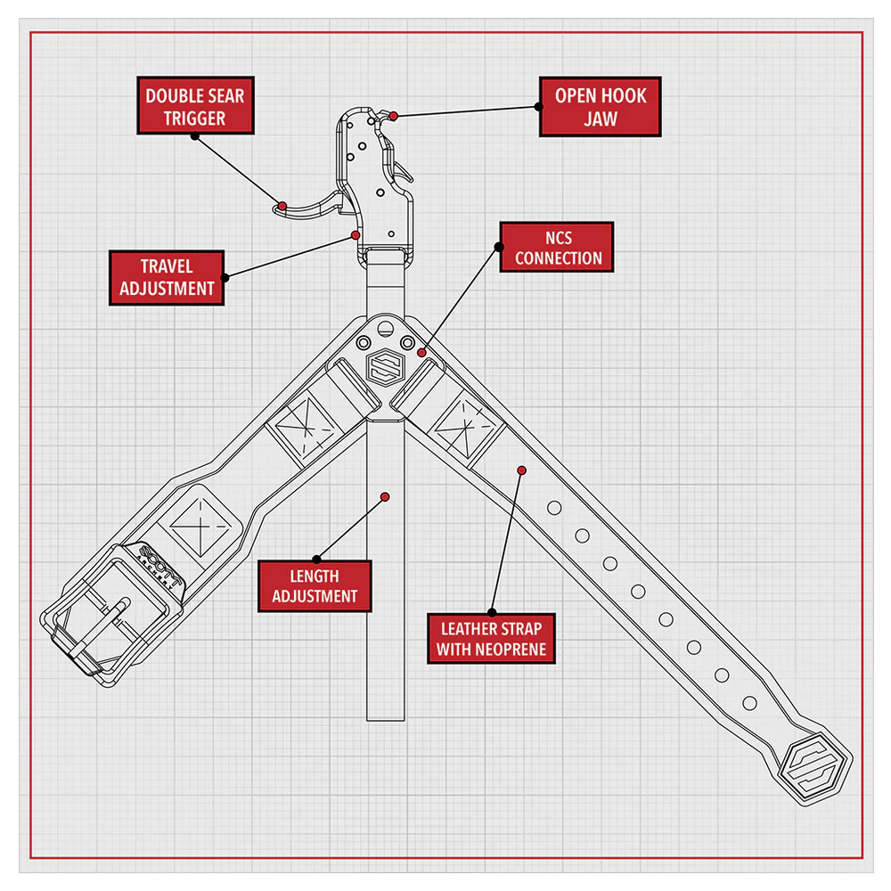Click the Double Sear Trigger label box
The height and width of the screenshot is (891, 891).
(195, 106)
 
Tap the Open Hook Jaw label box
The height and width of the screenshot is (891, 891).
(600, 106)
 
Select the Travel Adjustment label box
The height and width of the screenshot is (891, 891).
(167, 277)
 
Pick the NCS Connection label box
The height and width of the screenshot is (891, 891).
(557, 247)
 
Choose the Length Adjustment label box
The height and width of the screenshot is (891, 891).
(315, 585)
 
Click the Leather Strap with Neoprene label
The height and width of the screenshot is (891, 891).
(490, 637)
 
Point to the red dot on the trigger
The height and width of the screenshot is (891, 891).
(282, 206)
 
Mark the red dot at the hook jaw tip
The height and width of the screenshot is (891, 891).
(394, 115)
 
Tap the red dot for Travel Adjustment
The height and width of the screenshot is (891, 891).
(356, 235)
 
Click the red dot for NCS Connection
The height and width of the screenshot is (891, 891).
(421, 354)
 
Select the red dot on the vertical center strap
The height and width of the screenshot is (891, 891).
(385, 496)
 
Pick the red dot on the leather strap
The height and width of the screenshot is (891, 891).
(521, 470)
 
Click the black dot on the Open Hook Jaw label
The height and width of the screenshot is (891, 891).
(539, 106)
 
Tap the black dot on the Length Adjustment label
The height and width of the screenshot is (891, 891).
(315, 560)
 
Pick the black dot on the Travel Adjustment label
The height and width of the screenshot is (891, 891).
(224, 277)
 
